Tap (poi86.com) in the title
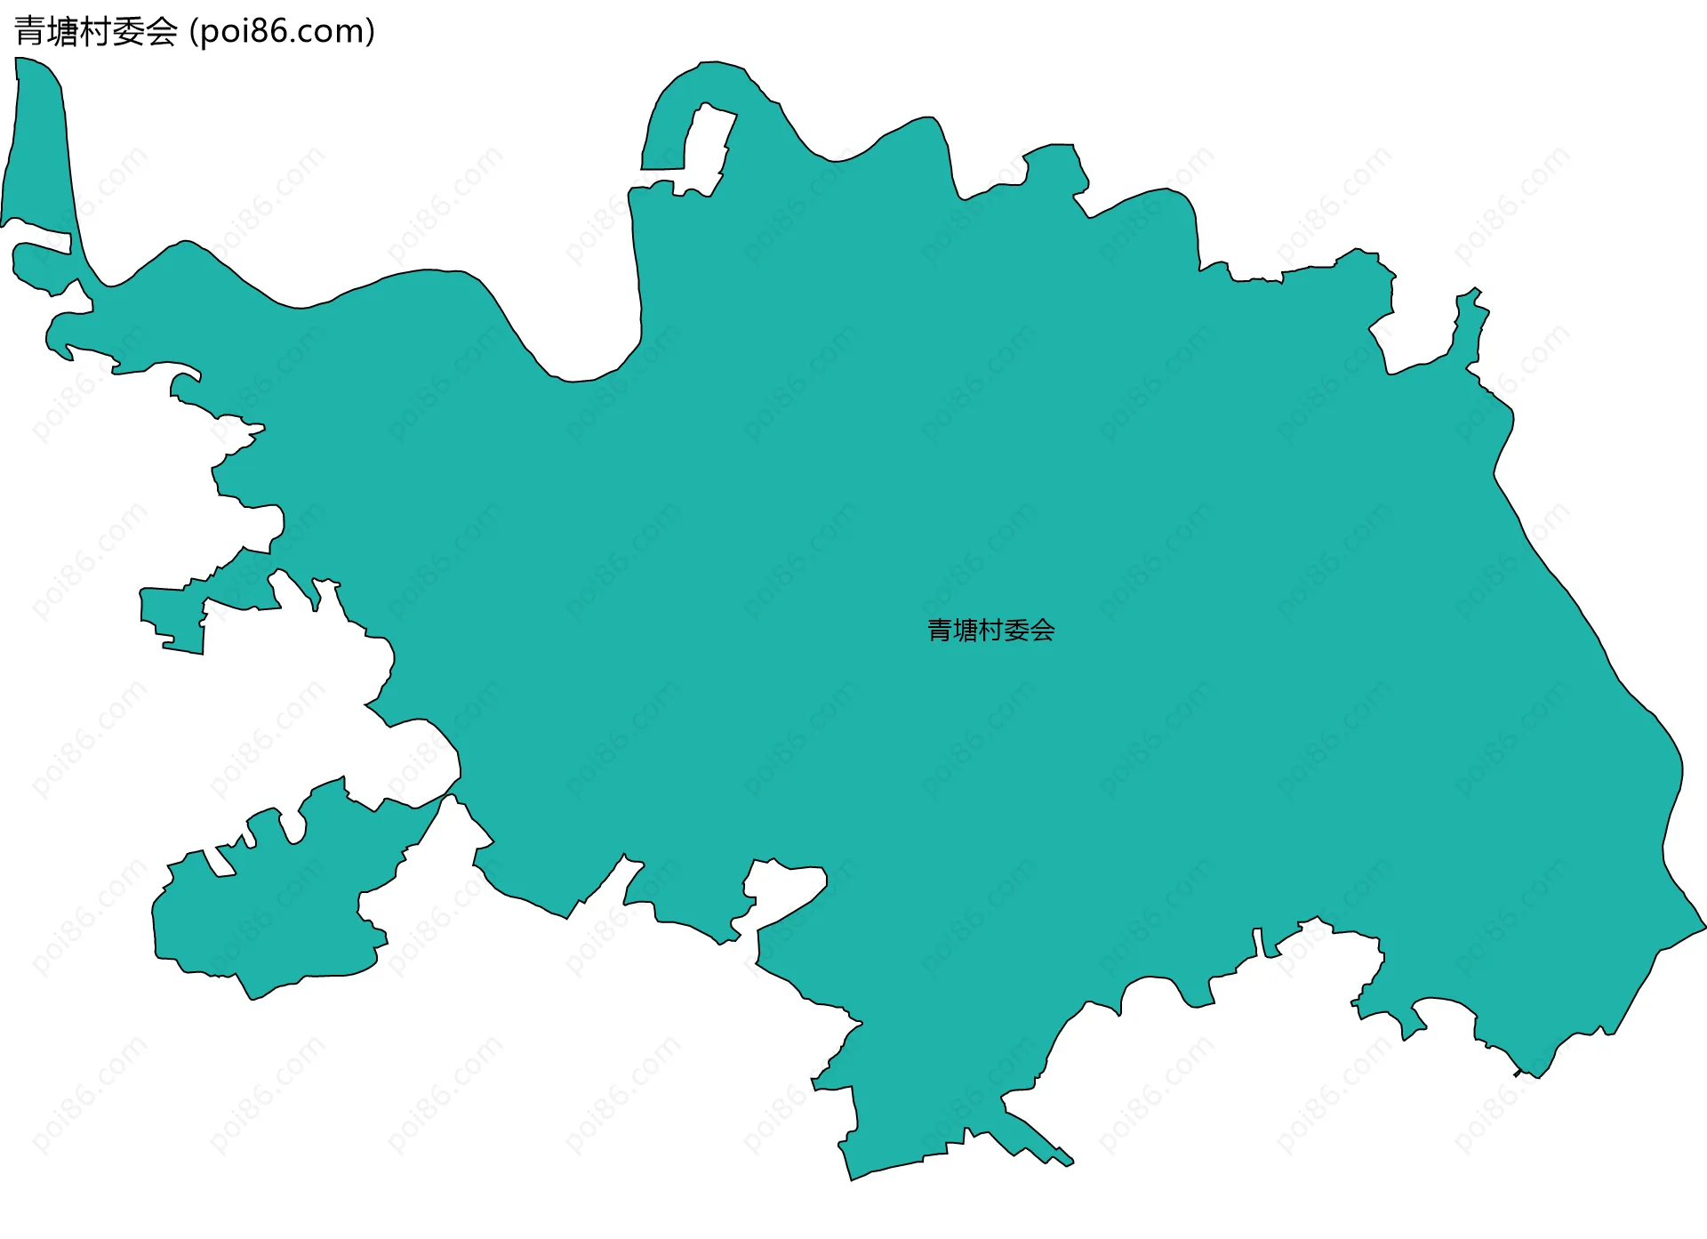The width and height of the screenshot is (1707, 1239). [283, 32]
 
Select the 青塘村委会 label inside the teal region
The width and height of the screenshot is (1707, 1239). [990, 631]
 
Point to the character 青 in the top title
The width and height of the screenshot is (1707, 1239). [29, 32]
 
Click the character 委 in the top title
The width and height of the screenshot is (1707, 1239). [129, 32]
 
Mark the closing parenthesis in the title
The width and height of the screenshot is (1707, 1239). [370, 32]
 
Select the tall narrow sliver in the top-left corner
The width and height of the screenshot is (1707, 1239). [40, 142]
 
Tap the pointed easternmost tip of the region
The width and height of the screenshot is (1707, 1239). [1700, 928]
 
